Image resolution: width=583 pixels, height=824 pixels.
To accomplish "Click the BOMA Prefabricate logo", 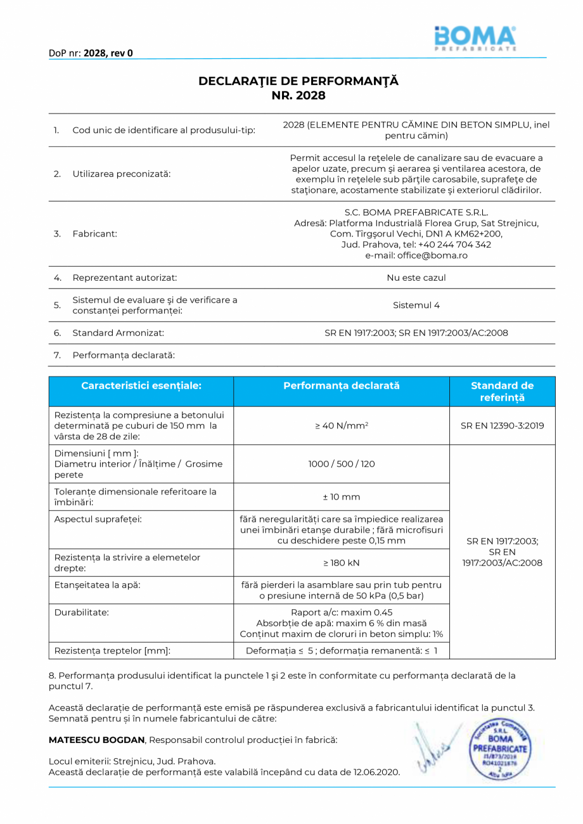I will [x=475, y=39].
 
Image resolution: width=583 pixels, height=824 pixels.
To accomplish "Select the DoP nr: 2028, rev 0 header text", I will [x=91, y=53].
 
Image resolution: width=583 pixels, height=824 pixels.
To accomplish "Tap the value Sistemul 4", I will [x=416, y=305].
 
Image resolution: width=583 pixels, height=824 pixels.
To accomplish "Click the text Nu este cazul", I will [x=416, y=278].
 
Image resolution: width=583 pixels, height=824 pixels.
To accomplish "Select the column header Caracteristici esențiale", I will [x=141, y=385].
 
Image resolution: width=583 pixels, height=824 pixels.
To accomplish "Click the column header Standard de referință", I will [x=502, y=392].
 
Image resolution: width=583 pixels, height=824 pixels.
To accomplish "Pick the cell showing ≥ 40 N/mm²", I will [x=342, y=425].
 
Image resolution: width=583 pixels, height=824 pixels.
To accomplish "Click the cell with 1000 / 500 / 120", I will [x=342, y=464].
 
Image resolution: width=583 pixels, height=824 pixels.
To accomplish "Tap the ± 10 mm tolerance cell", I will [x=342, y=497].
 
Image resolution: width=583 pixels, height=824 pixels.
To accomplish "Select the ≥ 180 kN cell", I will [x=342, y=562].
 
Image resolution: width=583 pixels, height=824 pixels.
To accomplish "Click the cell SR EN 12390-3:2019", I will [x=502, y=425].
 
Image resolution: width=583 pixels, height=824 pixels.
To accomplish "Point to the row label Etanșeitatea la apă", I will [x=98, y=584].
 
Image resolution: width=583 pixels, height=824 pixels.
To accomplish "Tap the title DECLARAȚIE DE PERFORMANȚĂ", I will [x=298, y=81].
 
